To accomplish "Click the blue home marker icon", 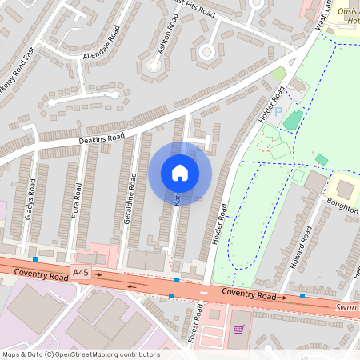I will click(x=180, y=173).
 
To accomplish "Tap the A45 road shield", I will click(x=80, y=274).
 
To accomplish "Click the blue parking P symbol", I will click(x=278, y=113).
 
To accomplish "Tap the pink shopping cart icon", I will click(x=237, y=330).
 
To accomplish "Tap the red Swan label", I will click(x=346, y=307).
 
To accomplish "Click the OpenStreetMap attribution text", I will click(x=80, y=354).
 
